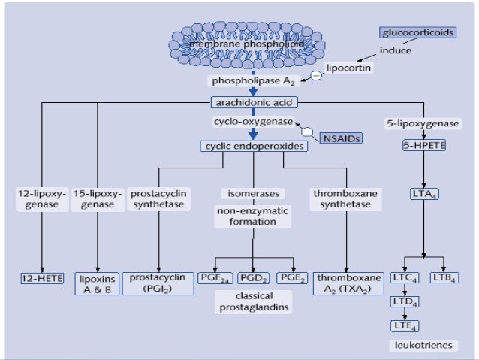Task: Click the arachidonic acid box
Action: (x=254, y=102)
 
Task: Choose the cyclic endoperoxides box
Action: (x=254, y=146)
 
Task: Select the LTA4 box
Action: (x=424, y=195)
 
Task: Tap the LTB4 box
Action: (x=442, y=278)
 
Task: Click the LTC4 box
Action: (x=404, y=278)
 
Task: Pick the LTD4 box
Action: (x=404, y=301)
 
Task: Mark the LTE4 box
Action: (x=404, y=325)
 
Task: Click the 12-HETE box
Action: (x=41, y=278)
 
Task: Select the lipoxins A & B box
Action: (x=97, y=283)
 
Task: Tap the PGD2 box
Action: (x=253, y=278)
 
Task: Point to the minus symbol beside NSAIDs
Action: (x=306, y=132)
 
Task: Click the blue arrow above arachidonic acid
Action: (x=253, y=91)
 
